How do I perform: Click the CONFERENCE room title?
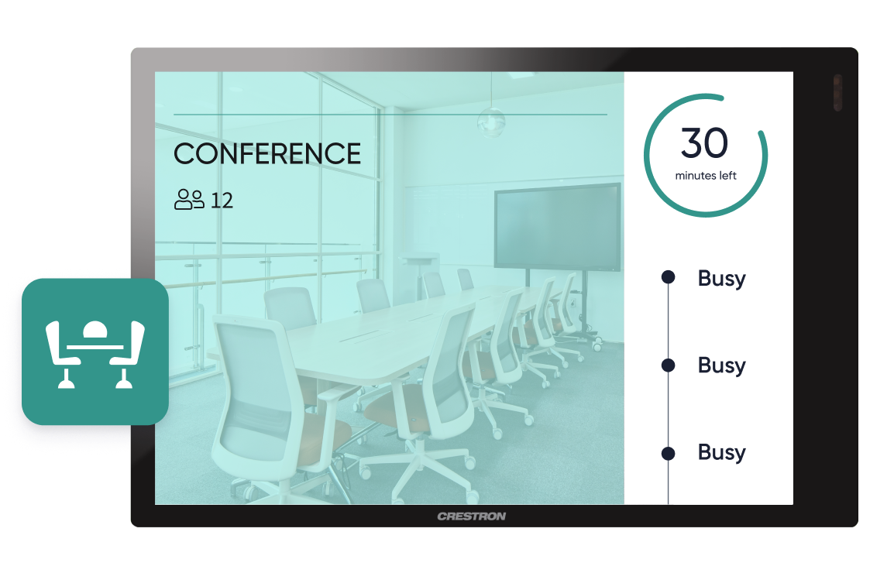coord(266,154)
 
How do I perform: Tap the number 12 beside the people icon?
coord(222,201)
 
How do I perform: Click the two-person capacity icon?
coord(189,200)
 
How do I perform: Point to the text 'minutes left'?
coord(706,176)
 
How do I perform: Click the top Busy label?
coord(722,279)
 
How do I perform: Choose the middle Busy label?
coord(722,365)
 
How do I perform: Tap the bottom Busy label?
coord(722,453)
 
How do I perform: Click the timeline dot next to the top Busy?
coord(669,277)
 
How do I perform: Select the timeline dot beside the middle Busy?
coord(669,365)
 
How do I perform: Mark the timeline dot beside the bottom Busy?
coord(669,453)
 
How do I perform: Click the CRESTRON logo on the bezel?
coord(472,516)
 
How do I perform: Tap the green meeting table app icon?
coord(95,352)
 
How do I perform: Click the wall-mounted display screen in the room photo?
coord(557,228)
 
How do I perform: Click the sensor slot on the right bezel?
coord(837,92)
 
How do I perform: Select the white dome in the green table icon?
coord(95,330)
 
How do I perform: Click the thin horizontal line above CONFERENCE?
coord(390,115)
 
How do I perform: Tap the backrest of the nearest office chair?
coord(256,388)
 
